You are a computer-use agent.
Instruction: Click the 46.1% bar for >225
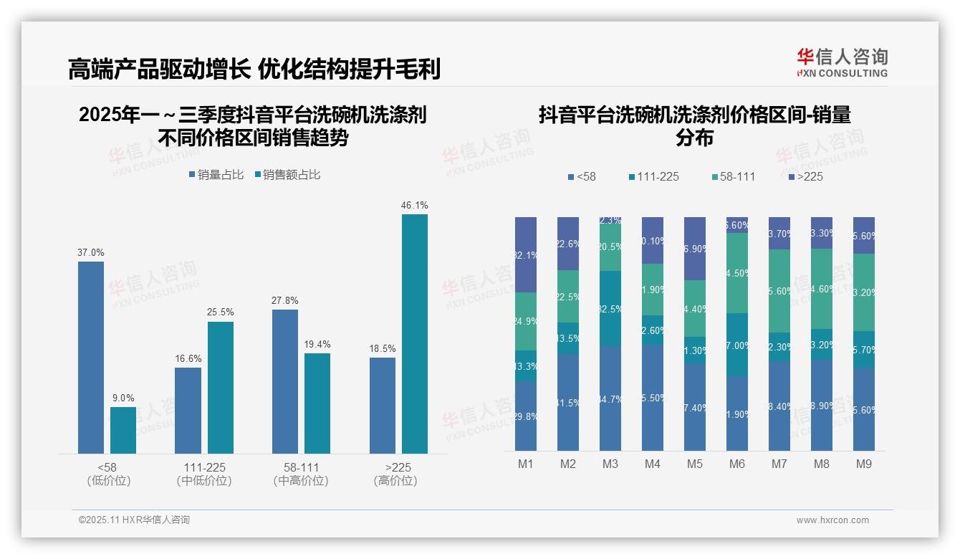[415, 333]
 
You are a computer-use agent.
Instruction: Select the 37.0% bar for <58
[91, 357]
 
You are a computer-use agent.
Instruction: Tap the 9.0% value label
[123, 398]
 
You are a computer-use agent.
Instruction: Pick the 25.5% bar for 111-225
[221, 387]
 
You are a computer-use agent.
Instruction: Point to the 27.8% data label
[285, 300]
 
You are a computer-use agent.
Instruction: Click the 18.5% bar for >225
[383, 405]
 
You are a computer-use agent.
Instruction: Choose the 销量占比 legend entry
[216, 175]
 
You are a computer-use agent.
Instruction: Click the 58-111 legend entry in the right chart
[734, 176]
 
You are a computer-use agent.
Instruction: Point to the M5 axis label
[695, 464]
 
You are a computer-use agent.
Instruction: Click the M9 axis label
[864, 464]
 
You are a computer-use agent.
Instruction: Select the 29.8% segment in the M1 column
[526, 416]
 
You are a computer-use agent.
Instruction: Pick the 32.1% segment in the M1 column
[526, 254]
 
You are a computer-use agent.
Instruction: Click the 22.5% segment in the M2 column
[568, 296]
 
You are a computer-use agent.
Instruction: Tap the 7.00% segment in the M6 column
[737, 345]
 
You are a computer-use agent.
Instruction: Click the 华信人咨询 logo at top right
[842, 62]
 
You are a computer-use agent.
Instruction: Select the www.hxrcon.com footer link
[832, 520]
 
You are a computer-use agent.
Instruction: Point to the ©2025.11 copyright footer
[134, 520]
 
